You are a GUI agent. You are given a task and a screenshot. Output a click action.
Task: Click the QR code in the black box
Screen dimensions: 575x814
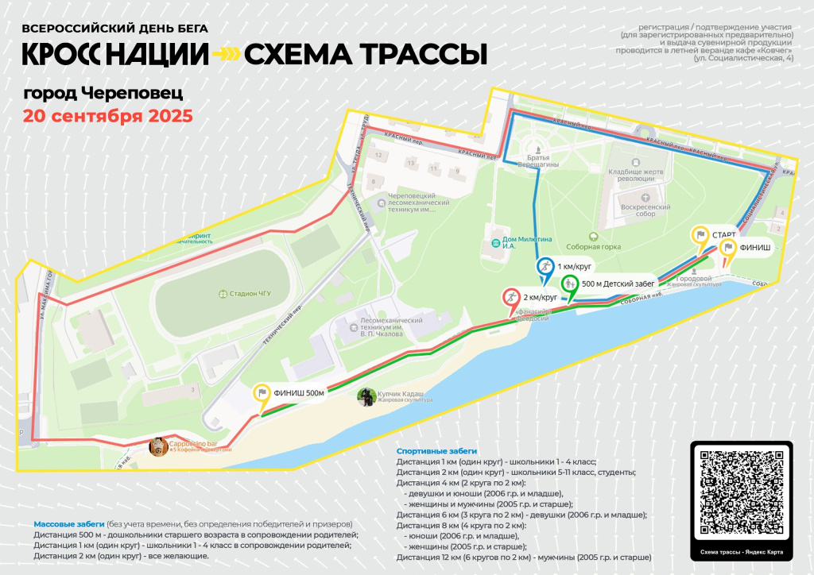[x=741, y=492]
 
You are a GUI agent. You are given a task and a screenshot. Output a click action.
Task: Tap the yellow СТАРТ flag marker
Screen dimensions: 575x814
[x=700, y=235]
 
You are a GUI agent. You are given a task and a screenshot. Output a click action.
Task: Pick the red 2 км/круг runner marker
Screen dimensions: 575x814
[x=510, y=298]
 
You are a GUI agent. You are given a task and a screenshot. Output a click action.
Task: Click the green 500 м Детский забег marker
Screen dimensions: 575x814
[x=569, y=284]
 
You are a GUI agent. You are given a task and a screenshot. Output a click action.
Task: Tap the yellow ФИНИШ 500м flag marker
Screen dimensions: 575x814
[x=262, y=393]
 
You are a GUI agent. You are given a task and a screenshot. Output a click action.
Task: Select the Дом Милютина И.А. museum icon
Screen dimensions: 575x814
[x=495, y=241]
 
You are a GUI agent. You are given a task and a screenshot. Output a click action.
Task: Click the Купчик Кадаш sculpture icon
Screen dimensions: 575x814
[x=366, y=396]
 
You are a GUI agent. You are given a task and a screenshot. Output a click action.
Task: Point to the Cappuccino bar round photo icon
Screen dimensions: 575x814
[x=158, y=447]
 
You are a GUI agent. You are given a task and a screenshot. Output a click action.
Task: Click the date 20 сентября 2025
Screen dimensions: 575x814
[x=107, y=116]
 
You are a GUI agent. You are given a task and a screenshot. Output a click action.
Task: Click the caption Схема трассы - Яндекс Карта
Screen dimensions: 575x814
[x=741, y=553]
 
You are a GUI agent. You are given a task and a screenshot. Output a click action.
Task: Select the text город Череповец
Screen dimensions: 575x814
[x=103, y=93]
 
